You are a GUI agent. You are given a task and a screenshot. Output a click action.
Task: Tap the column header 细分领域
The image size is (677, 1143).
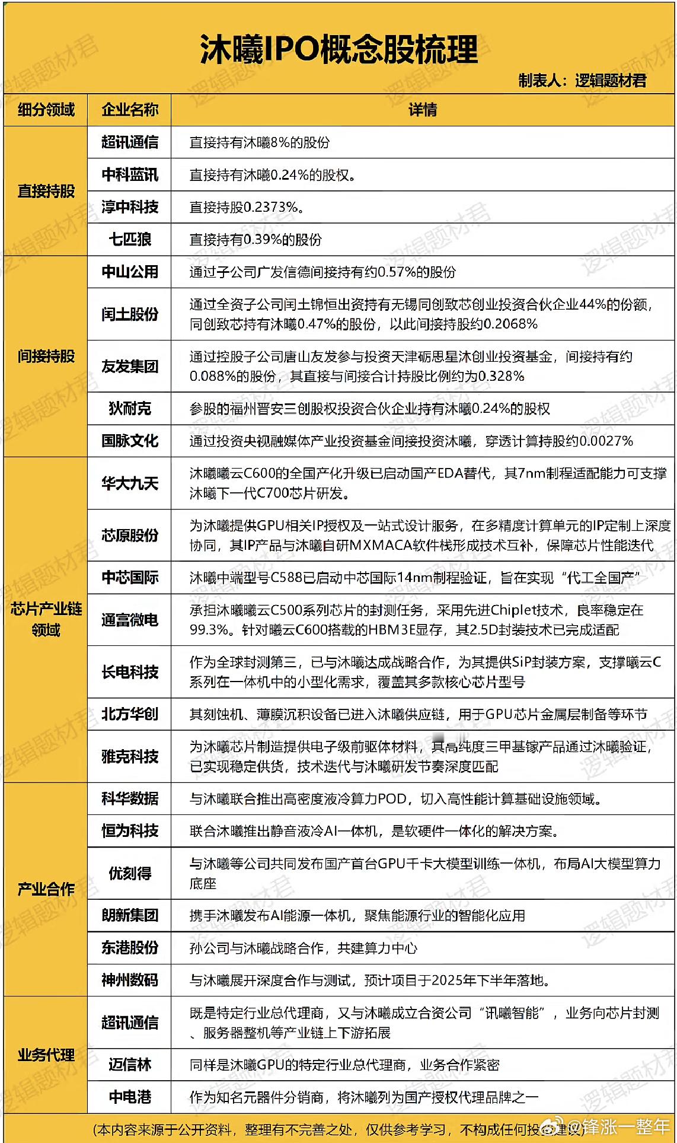[46, 110]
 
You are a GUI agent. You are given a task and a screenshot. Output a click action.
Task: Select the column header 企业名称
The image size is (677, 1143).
[129, 110]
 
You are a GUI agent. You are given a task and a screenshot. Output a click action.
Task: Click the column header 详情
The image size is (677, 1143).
[422, 110]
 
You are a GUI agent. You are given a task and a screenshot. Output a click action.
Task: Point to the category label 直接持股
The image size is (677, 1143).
[46, 191]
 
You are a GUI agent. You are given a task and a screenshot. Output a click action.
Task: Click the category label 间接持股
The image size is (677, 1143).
[46, 356]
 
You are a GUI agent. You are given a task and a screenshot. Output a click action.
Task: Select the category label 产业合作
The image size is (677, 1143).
[46, 889]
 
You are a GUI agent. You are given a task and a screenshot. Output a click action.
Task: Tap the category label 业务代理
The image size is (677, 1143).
[46, 1055]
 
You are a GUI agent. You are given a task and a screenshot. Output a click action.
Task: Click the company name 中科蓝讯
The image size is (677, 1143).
[129, 174]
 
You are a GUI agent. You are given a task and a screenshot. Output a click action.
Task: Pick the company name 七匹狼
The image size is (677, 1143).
[129, 239]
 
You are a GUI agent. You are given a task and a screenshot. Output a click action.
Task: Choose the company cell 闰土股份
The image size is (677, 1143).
[129, 314]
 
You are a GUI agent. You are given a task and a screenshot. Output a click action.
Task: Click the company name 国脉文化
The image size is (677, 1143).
[129, 440]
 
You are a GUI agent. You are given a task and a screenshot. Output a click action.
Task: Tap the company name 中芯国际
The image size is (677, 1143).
[129, 577]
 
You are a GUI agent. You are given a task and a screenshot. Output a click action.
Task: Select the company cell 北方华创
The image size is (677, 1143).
[129, 714]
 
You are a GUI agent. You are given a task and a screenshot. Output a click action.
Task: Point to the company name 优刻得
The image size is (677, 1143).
[129, 873]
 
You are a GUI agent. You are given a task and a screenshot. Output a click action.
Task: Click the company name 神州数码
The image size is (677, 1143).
[129, 980]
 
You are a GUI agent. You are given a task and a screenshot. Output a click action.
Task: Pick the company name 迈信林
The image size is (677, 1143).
[129, 1065]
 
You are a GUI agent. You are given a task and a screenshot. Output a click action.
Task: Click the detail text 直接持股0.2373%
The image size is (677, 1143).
[247, 207]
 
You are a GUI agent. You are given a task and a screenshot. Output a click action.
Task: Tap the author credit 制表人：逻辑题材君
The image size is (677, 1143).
[582, 81]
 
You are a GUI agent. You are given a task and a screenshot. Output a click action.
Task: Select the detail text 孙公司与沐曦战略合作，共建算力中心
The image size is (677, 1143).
[303, 948]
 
